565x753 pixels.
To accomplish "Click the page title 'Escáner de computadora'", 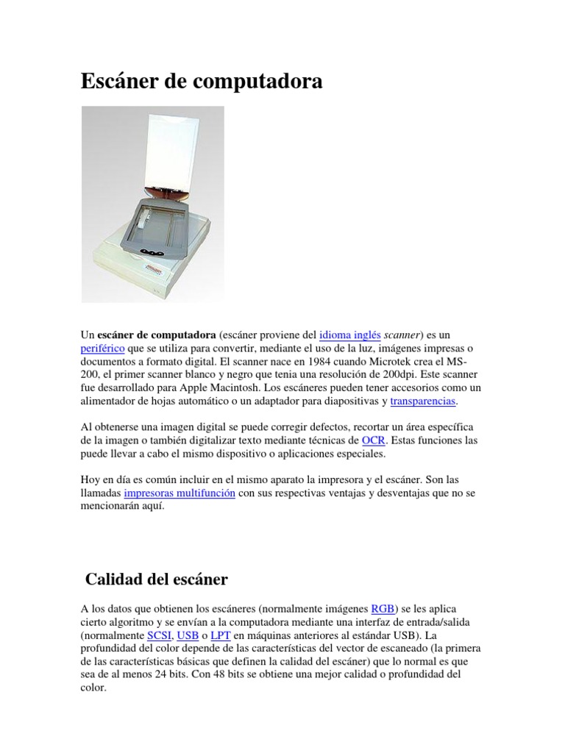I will (202, 82).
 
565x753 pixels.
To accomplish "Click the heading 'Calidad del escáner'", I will (157, 579).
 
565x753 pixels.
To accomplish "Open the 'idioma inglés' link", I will (349, 335).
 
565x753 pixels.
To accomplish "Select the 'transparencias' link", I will (423, 401).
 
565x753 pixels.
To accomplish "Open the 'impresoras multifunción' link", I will (180, 493).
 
